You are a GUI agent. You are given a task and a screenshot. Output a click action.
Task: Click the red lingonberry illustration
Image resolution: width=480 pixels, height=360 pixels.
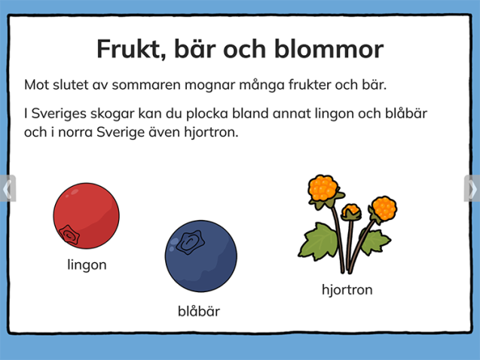click(x=86, y=215)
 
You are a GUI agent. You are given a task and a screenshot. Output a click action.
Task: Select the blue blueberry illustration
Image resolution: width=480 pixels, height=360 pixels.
click(x=201, y=255)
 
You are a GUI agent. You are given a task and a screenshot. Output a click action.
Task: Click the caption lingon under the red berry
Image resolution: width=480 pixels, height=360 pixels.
click(x=87, y=264)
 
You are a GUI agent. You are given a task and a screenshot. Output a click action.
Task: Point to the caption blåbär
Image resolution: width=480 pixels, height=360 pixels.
click(x=199, y=310)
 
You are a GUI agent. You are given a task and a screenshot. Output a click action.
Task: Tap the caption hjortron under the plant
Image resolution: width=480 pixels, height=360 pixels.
click(x=347, y=289)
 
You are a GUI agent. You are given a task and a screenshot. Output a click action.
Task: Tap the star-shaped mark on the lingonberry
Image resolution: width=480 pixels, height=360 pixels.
click(x=69, y=235)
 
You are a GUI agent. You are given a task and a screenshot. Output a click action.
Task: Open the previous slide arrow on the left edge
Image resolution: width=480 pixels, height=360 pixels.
click(x=7, y=188)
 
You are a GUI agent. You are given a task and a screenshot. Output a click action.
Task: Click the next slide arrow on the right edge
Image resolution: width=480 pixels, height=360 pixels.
click(x=472, y=188)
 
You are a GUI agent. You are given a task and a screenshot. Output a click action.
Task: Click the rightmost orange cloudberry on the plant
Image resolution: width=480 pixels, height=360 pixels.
click(x=384, y=207)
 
